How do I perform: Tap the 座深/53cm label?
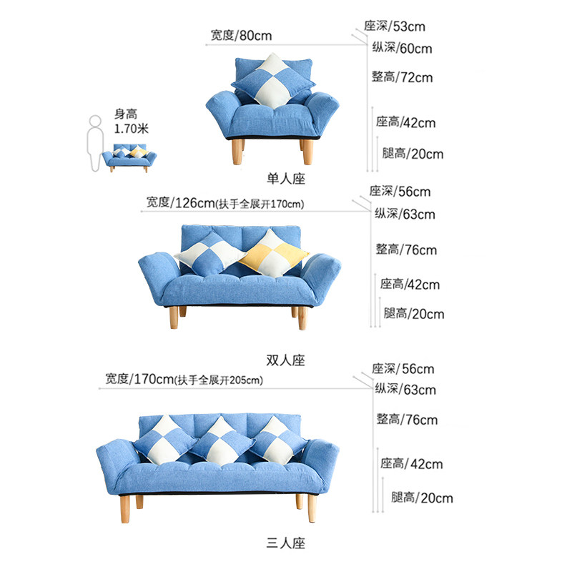395,26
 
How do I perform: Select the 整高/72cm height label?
402,77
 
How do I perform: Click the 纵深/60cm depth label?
402,49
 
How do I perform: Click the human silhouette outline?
94,144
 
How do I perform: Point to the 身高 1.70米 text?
131,122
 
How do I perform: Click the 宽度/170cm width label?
139,379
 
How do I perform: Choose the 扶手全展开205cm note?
220,380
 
